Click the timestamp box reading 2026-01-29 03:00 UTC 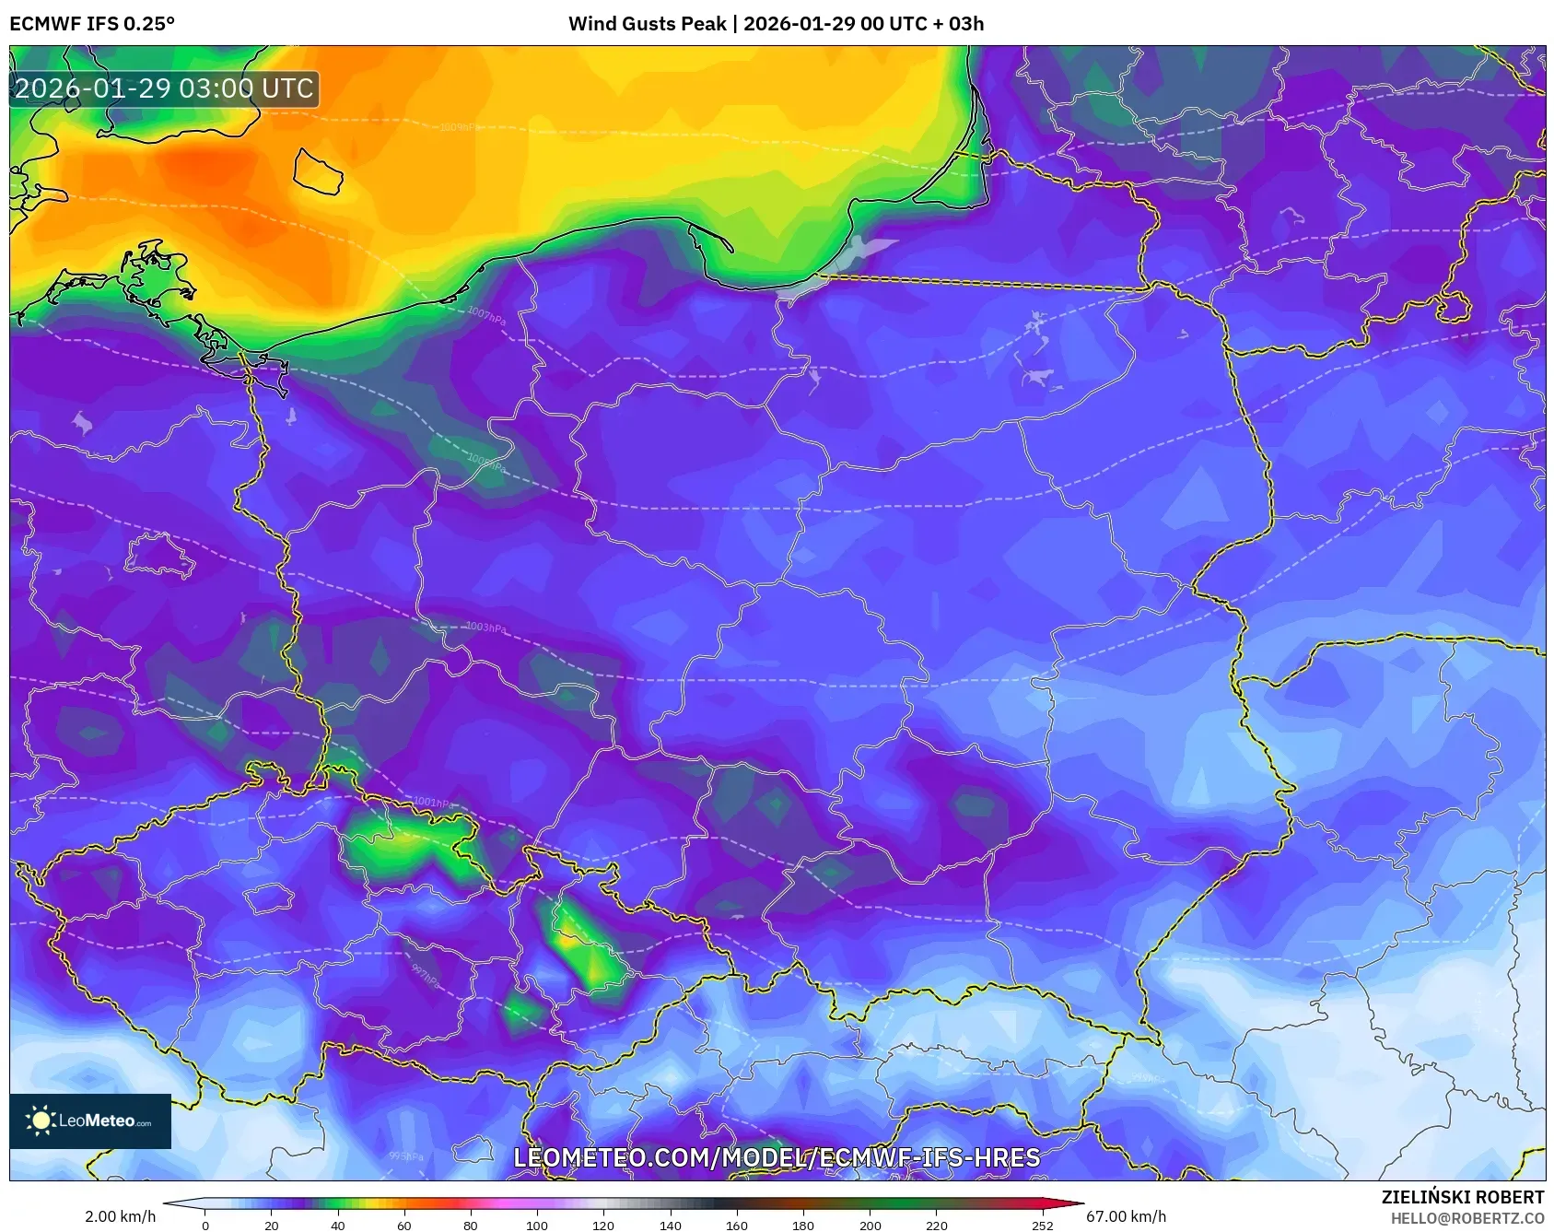[x=164, y=88]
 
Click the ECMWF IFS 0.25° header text [x=92, y=24]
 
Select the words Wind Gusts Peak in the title [x=647, y=24]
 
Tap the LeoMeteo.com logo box [x=90, y=1121]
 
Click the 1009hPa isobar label [x=459, y=127]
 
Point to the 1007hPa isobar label [x=486, y=315]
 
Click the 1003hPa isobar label [x=485, y=628]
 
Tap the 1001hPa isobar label [x=432, y=803]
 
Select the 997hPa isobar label [x=425, y=975]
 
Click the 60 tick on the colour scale [x=404, y=1225]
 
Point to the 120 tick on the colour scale [x=603, y=1225]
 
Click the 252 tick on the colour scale [x=1042, y=1225]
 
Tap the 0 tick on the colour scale [x=204, y=1225]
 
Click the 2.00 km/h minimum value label [x=120, y=1216]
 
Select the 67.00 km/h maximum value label [x=1126, y=1216]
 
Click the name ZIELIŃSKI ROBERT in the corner [x=1462, y=1197]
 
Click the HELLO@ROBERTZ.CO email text [x=1466, y=1218]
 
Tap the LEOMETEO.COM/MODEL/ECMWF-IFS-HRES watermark [x=777, y=1158]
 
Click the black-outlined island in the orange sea [x=318, y=171]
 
